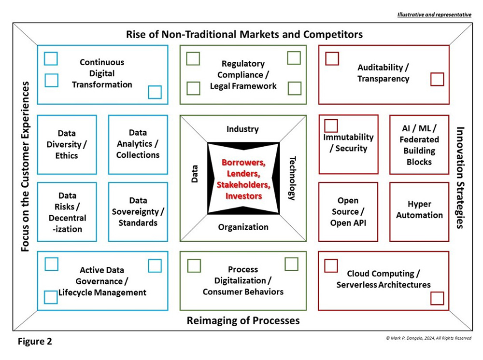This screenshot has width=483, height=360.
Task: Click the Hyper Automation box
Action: point(419,211)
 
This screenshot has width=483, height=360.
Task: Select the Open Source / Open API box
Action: point(348,211)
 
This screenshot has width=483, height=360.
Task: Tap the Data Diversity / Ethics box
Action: point(67,144)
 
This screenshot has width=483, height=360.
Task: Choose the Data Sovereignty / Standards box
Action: point(138,211)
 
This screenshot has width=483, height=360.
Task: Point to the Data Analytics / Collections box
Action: point(138,144)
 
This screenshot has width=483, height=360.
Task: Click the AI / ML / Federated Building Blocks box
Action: point(419,144)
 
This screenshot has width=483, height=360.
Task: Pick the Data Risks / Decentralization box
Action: point(67,211)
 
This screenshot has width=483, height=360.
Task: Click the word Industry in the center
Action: point(242,129)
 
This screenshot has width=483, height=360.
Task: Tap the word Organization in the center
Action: point(243,227)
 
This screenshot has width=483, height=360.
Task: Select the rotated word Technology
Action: point(292,178)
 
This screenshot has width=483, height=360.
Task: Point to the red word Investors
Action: point(243,196)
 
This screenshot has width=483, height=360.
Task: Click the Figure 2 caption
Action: point(35,342)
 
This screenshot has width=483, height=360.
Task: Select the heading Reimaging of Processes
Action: point(243,320)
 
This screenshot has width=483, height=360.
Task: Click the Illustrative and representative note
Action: point(434,15)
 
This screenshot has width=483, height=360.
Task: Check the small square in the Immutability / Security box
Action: point(331,126)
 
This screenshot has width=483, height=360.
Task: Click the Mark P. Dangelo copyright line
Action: point(429,338)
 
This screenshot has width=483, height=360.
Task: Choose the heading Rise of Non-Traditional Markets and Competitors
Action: point(244,34)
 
